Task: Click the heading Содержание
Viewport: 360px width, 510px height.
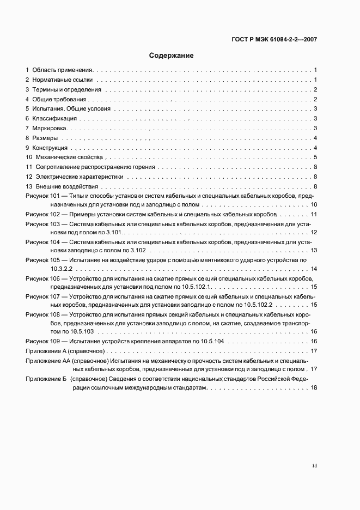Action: [172, 56]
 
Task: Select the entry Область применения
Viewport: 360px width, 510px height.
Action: [63, 70]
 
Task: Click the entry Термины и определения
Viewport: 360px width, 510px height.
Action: [66, 89]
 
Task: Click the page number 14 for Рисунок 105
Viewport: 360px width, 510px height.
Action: [314, 269]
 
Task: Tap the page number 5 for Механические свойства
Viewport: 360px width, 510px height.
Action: [315, 157]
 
